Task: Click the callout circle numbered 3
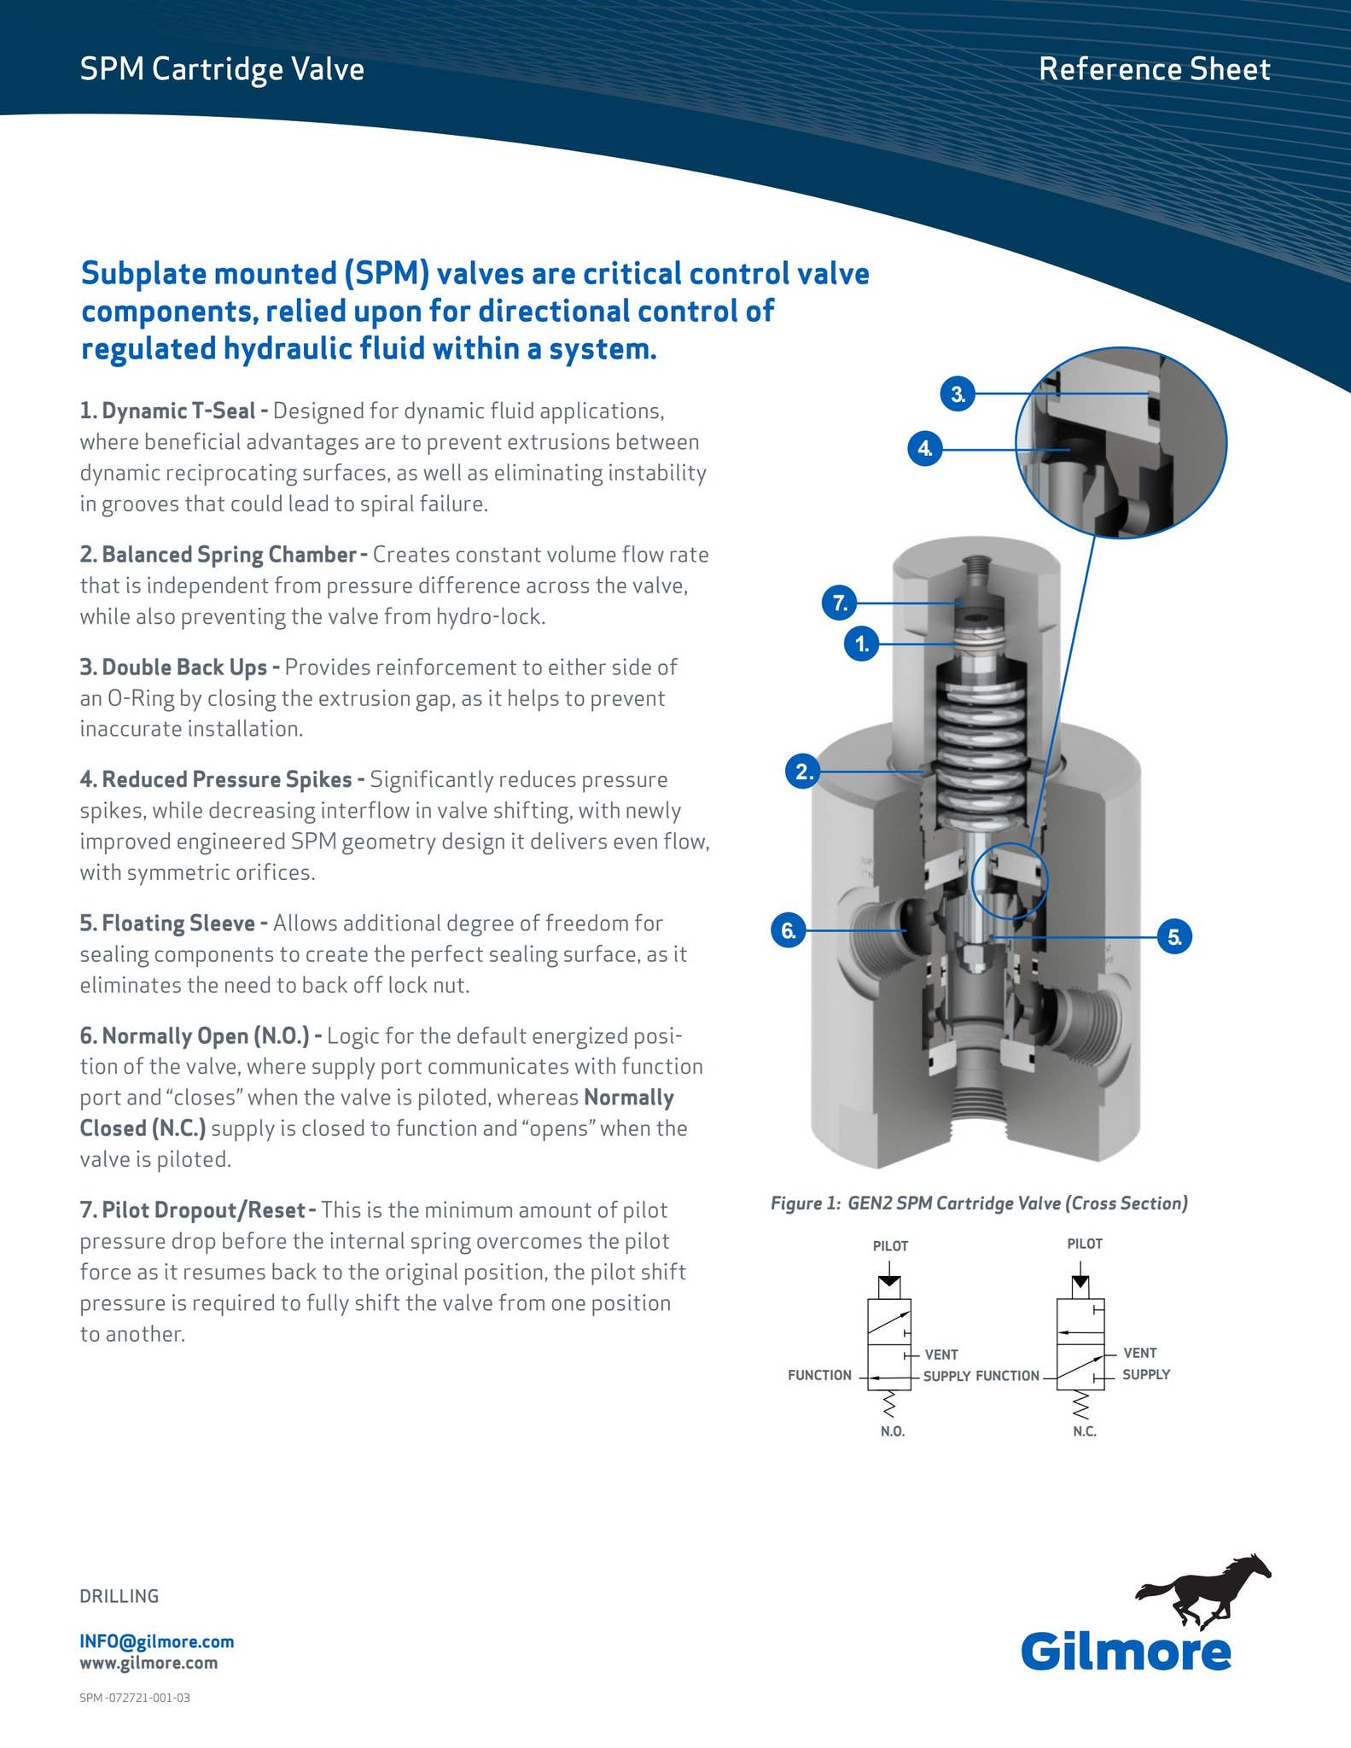pos(958,394)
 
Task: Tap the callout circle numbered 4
pos(924,447)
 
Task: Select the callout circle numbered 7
pos(840,603)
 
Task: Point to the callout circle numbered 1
pos(862,644)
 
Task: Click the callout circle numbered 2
pos(803,772)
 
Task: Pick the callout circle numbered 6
pos(789,929)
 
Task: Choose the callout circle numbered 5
pos(1174,937)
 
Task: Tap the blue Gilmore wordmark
pos(1126,1652)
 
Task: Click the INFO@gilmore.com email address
pos(157,1641)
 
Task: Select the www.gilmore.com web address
pos(148,1663)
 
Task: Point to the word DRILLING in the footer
pos(119,1596)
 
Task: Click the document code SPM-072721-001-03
pos(135,1698)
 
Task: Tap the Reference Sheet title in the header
pos(1154,69)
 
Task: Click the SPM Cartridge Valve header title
pos(222,69)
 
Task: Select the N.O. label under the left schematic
pos(893,1431)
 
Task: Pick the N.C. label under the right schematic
pos(1085,1431)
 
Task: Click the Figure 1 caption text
pos(979,1203)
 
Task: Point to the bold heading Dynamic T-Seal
pos(178,411)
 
